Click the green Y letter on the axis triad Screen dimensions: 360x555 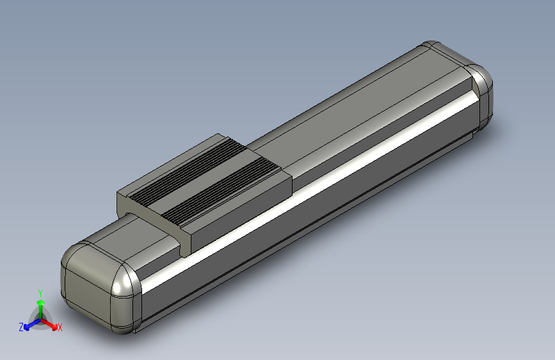pyautogui.click(x=40, y=291)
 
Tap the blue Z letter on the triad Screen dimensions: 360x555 pyautogui.click(x=21, y=327)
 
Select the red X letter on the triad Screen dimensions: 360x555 pyautogui.click(x=60, y=327)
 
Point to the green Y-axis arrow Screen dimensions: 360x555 pyautogui.click(x=40, y=305)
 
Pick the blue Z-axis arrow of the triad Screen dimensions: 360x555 pyautogui.click(x=29, y=324)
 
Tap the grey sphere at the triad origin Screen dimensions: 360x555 pyautogui.click(x=40, y=318)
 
